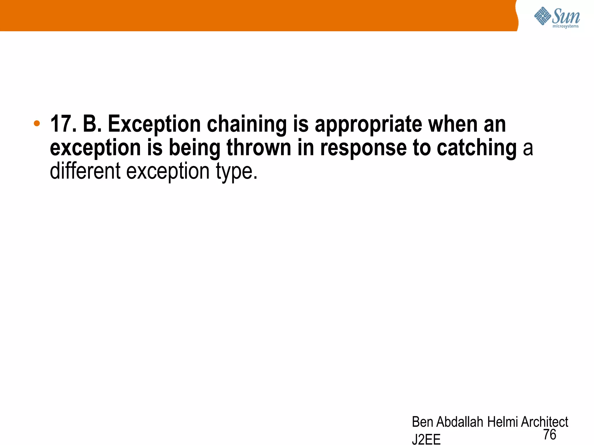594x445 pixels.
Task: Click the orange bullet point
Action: (x=37, y=123)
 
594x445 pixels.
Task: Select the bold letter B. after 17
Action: (x=92, y=124)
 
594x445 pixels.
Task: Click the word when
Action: (x=453, y=124)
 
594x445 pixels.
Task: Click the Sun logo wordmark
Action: (x=566, y=17)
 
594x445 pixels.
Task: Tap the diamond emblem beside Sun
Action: (x=542, y=16)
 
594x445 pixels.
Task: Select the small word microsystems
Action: (x=566, y=26)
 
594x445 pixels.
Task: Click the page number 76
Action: (x=550, y=435)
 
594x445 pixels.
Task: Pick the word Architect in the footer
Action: (x=544, y=422)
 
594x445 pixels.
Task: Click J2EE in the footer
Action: (x=426, y=439)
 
